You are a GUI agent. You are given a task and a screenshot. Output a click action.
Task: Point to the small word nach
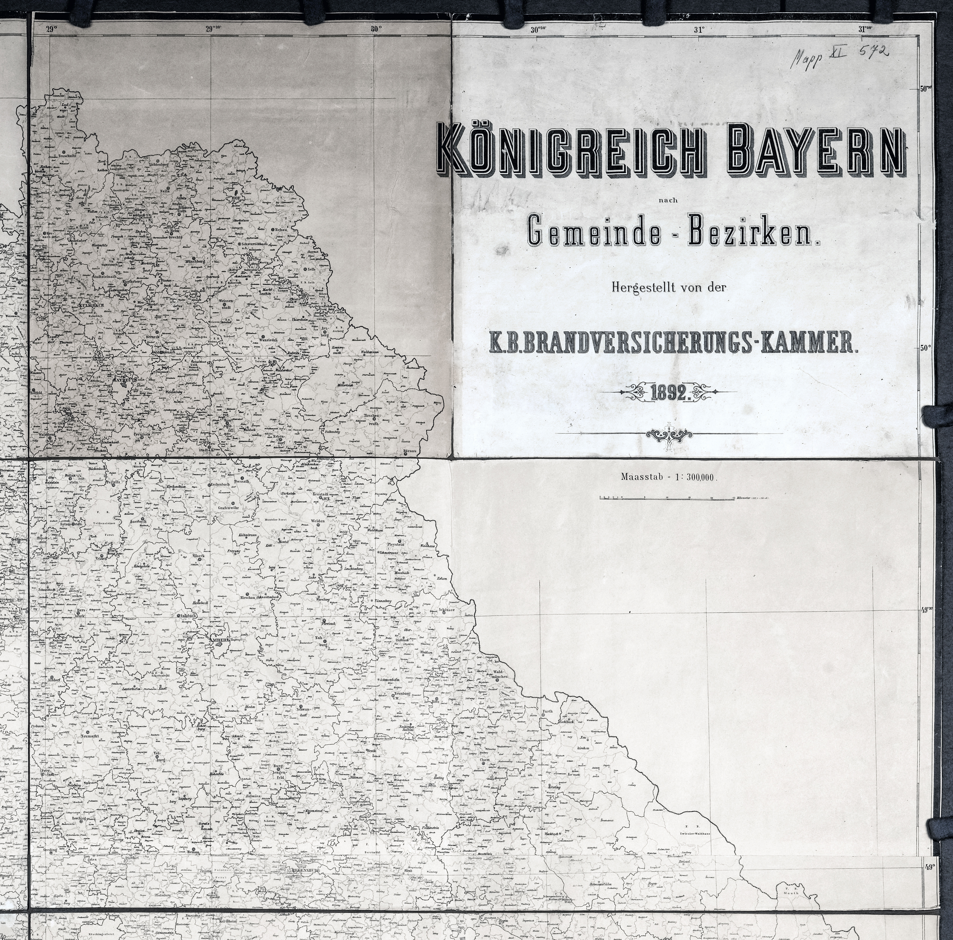coord(668,200)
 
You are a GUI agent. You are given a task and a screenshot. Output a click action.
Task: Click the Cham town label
coord(484,760)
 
